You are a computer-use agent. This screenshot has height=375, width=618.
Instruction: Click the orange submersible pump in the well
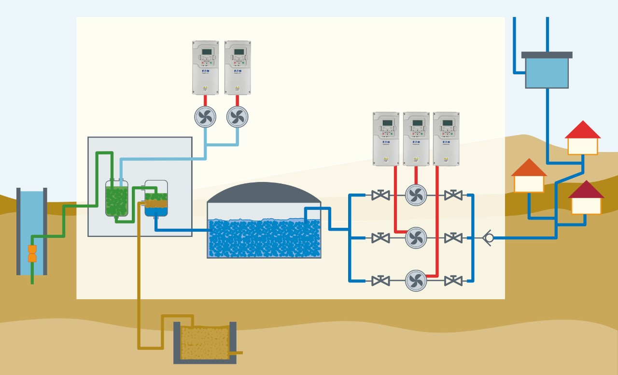[32, 253]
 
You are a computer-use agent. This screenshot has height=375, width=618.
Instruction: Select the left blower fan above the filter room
[205, 117]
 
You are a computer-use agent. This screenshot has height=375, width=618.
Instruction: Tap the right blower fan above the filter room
[237, 117]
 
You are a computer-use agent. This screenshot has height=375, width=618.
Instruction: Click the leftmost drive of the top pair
[205, 68]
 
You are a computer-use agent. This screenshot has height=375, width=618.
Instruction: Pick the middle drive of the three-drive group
[416, 139]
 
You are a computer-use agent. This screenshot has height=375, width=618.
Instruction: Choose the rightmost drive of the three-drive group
[446, 139]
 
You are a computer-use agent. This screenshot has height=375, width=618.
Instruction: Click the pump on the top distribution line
[416, 195]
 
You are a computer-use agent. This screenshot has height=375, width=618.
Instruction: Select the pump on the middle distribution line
[416, 238]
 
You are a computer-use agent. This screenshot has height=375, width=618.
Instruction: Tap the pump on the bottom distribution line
[416, 280]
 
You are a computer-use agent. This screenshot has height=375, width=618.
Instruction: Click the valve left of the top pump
[380, 195]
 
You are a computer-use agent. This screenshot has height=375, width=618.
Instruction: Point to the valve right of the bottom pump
[453, 280]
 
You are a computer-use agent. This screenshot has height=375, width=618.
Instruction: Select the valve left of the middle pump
[380, 238]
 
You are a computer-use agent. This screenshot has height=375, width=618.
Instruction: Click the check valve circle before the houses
[489, 238]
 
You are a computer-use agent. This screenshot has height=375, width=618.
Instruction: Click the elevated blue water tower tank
[547, 72]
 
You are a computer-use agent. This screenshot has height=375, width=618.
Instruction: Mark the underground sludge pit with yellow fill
[205, 343]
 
